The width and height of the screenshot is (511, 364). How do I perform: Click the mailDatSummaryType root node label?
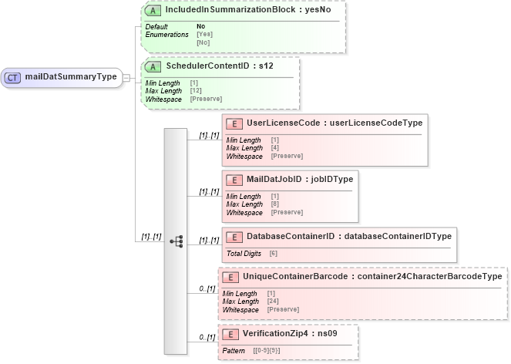click(71, 77)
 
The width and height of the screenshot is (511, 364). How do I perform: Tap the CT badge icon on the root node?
click(13, 77)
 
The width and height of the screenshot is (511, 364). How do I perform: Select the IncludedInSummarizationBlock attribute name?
click(224, 10)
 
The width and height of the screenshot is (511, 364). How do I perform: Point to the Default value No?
click(200, 27)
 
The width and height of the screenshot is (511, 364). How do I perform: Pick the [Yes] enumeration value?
click(205, 35)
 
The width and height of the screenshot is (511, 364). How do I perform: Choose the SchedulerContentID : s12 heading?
click(219, 66)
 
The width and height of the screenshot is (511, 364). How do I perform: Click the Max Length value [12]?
click(196, 91)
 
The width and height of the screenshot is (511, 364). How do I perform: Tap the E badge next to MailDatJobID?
click(235, 179)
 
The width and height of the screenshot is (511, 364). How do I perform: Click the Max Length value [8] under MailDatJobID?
click(276, 204)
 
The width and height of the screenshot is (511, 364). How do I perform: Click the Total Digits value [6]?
click(274, 253)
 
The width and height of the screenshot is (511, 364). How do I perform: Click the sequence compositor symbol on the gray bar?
click(176, 241)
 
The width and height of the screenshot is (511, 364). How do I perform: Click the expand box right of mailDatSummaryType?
click(126, 77)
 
